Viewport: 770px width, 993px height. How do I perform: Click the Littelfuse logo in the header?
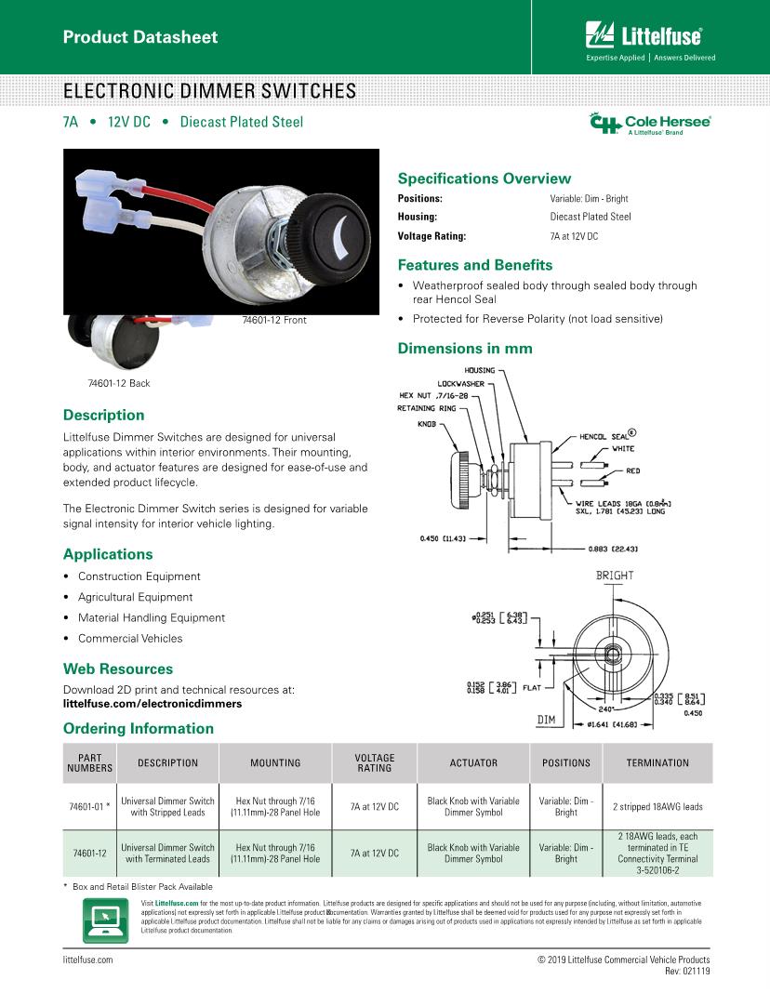point(644,36)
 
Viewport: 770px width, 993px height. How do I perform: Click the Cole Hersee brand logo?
point(650,125)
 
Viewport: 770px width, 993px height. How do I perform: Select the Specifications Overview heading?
point(484,179)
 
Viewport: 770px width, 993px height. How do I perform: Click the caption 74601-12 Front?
point(273,321)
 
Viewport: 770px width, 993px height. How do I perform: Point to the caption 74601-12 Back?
point(118,383)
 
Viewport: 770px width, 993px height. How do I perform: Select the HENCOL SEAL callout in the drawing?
point(607,434)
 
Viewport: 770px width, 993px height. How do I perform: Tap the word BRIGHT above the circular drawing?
point(616,576)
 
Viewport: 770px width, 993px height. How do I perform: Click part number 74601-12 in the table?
point(89,854)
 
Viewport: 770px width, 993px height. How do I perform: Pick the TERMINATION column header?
point(657,763)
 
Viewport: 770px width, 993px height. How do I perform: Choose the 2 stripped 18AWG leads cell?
point(657,807)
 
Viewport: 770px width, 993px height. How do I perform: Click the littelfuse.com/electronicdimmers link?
point(152,704)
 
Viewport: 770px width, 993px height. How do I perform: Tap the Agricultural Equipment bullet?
point(135,597)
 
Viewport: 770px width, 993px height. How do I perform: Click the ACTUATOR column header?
point(473,763)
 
